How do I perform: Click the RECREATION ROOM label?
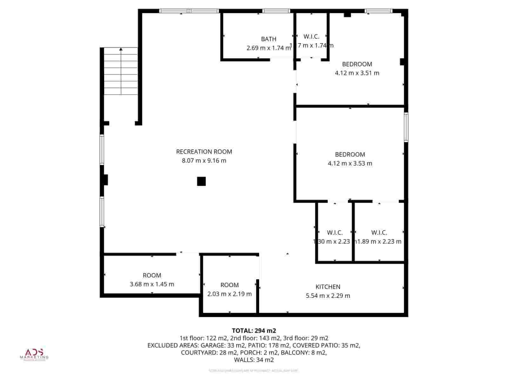pos(204,152)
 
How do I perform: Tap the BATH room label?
pos(269,39)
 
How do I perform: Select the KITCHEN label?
pos(328,287)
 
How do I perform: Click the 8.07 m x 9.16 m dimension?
pos(204,161)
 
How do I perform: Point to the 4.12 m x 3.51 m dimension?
pos(357,73)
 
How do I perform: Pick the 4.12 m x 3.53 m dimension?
pos(350,164)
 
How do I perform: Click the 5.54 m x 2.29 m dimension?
pos(328,296)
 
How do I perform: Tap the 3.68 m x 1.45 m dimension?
pos(152,284)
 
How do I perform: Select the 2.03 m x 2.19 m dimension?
pos(229,294)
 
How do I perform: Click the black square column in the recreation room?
pos(201,181)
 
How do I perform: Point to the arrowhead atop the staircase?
pos(121,49)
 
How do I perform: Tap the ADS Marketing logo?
pos(34,355)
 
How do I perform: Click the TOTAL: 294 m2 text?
pos(254,331)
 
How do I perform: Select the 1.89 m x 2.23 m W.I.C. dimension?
pos(379,242)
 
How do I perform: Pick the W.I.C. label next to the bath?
pos(311,37)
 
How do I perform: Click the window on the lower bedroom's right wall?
pos(406,127)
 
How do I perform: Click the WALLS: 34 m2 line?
pos(254,360)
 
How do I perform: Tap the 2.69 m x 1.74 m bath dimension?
pos(269,48)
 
